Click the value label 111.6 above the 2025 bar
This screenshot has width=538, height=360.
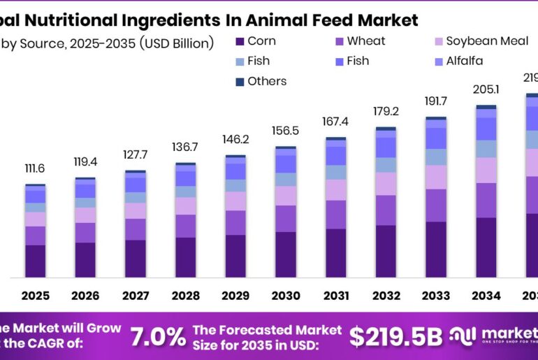pyautogui.click(x=35, y=169)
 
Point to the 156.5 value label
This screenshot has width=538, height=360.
pyautogui.click(x=284, y=131)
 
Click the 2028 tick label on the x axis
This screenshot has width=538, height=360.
pyautogui.click(x=185, y=296)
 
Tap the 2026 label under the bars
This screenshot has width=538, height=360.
pyautogui.click(x=85, y=296)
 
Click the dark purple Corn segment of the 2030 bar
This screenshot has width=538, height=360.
pyautogui.click(x=285, y=254)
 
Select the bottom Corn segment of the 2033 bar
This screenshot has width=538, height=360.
pyautogui.click(x=435, y=250)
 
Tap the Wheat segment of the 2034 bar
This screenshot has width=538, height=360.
pyautogui.click(x=486, y=201)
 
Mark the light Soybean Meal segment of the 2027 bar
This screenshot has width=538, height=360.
pyautogui.click(x=136, y=211)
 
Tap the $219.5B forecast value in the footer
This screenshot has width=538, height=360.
pyautogui.click(x=396, y=336)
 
